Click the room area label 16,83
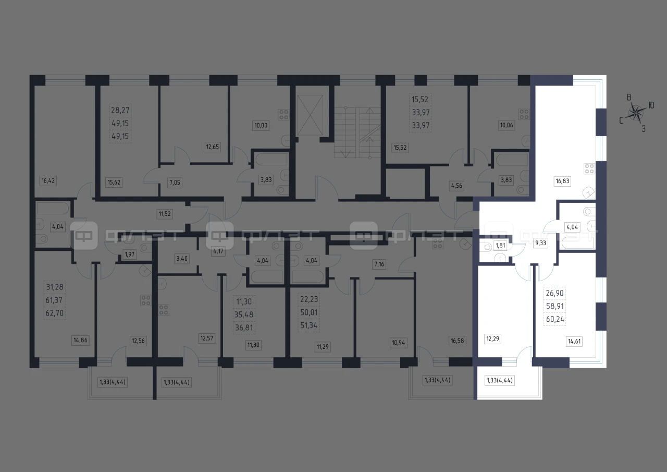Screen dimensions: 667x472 coord(562,181)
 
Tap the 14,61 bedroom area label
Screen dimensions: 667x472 coord(574,341)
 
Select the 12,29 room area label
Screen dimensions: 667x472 coord(492,339)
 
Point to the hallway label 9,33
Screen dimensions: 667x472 coord(540,243)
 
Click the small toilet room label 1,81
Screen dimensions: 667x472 coord(500,246)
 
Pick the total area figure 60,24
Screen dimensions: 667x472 coord(555,319)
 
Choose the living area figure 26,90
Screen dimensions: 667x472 coord(554,293)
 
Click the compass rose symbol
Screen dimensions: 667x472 coord(636,113)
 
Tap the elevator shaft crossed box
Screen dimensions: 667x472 coord(310,115)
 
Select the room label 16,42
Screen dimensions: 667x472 coord(48,180)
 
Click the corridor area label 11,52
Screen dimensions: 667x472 coord(165,214)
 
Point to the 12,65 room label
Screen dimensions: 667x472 coord(212,147)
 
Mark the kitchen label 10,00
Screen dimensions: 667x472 coord(261,126)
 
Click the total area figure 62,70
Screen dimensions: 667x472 coord(55,313)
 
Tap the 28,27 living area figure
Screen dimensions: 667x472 coord(120,110)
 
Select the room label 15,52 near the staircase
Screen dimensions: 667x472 coord(400,148)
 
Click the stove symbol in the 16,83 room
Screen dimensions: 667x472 coord(589,168)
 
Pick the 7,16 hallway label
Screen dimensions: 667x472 coord(379,264)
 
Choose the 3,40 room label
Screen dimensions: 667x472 coord(182,259)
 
